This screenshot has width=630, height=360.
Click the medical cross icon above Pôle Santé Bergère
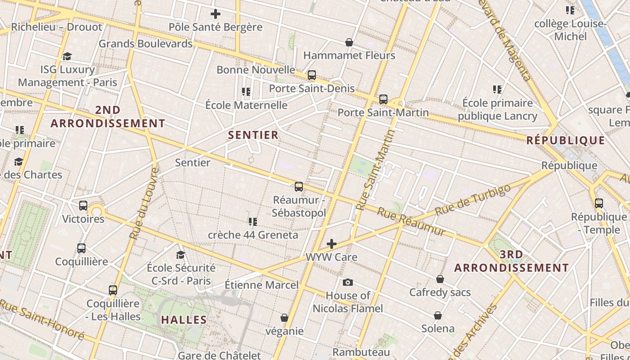coord(216,14)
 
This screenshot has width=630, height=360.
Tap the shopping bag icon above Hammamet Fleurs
coord(349,42)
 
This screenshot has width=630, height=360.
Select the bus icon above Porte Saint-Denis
coord(311,75)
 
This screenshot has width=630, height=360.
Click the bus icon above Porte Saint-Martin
coord(383,99)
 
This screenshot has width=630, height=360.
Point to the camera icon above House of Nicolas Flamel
coord(347,283)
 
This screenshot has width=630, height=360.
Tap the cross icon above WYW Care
coord(331,244)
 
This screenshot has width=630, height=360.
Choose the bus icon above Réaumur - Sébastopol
coord(298,187)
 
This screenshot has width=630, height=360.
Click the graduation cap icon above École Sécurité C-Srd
coord(180,255)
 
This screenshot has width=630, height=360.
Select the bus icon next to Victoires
coord(83,206)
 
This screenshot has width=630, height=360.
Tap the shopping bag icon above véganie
coord(284,318)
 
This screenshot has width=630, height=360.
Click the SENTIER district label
coord(253,135)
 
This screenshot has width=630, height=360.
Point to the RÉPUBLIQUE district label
coord(566,140)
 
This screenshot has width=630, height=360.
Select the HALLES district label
coord(184,320)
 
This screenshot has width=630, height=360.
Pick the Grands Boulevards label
coord(145,44)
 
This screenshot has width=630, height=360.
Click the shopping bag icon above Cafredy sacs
coord(440,279)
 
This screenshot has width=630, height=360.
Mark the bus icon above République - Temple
coord(598,203)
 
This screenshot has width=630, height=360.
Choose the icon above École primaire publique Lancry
coord(497,90)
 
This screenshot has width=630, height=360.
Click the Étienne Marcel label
coord(261,285)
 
